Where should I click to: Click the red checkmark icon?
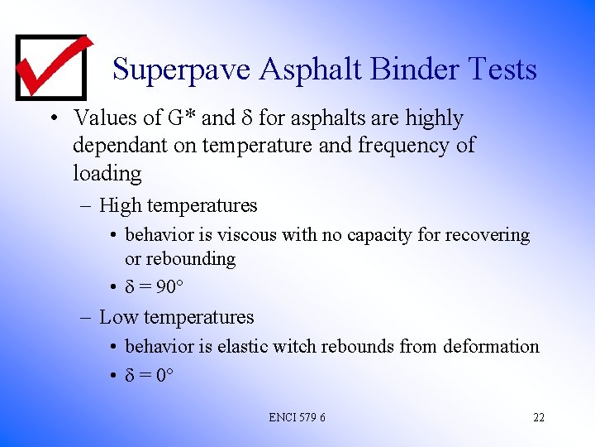click(51, 67)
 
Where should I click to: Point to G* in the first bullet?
click(182, 118)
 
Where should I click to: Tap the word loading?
click(107, 174)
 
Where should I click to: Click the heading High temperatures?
click(178, 205)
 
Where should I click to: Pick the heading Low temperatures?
click(176, 317)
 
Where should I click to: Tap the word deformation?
click(491, 346)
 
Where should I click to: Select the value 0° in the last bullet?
click(164, 375)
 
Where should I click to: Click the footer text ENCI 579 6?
click(297, 417)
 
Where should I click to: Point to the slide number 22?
click(538, 417)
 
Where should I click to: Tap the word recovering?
click(486, 235)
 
